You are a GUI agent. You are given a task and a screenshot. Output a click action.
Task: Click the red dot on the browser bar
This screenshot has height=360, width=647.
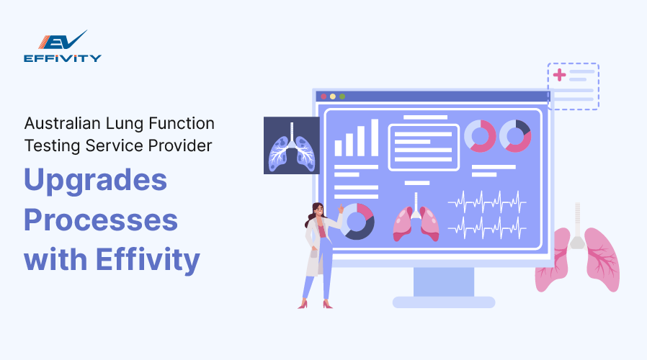coord(323,96)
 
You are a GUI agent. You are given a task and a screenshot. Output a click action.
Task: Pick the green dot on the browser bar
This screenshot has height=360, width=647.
coord(342,96)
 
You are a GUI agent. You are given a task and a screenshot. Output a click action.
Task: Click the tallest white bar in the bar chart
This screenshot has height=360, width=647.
coord(375,138)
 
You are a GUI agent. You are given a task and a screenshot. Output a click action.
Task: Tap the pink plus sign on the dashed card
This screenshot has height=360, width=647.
coord(559,74)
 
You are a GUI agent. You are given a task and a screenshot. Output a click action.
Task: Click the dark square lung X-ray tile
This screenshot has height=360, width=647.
coord(291,145)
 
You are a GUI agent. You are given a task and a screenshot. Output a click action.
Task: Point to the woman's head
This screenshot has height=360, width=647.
coord(318,211)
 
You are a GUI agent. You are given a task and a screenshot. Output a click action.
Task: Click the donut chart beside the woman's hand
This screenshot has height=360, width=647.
coord(357,221)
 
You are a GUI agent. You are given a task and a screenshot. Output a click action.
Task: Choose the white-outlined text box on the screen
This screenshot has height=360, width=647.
coord(424,147)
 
